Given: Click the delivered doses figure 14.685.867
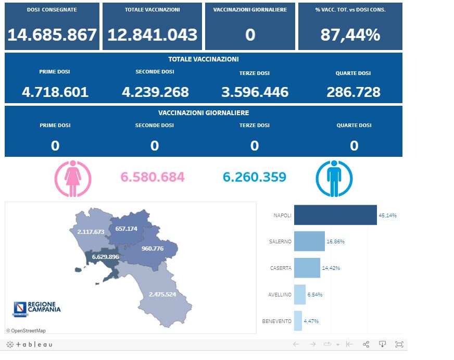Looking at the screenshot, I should pos(52,35).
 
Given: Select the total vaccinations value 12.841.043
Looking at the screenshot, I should pos(152,35).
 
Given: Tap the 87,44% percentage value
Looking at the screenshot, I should pos(350,35).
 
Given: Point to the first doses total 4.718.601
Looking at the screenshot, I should pos(55,92).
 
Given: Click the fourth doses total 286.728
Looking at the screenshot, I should pos(354,92).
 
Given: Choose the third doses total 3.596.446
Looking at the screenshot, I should pos(255,92).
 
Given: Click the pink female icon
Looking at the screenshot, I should pos(72,178).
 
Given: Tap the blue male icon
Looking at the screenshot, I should pos(334,178).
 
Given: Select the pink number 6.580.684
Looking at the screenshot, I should pos(153,177).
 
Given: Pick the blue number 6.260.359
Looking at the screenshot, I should pos(255,177).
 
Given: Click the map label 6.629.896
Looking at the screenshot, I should pos(105,257).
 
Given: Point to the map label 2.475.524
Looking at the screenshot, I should pos(169,294).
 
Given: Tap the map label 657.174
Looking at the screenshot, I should pos(127,229).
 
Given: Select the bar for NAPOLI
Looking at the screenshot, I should pos(335,215).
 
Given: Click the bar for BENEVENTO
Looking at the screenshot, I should pos(298,321).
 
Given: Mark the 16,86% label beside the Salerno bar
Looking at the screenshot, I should pos(336,242).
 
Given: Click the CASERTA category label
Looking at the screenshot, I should pos(281,268).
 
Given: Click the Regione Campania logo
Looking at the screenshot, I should pos(36,308).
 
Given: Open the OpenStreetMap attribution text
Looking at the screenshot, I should pos(26,330).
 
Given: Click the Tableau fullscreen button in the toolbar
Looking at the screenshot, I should pos(399,344).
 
